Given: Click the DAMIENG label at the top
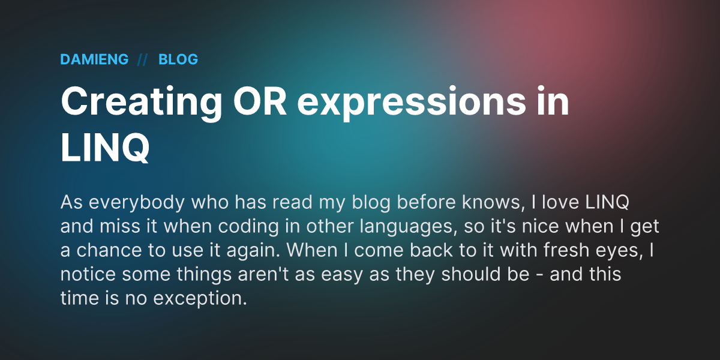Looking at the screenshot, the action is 94,59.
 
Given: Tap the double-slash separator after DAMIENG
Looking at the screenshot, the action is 142,60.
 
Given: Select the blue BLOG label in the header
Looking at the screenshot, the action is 178,59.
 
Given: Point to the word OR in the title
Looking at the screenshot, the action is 260,101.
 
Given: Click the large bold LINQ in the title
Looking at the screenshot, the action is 105,148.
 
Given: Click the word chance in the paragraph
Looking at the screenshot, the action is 109,250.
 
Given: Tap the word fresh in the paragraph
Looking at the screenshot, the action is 566,250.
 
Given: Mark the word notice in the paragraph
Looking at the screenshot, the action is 88,274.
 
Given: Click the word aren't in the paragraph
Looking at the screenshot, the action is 263,274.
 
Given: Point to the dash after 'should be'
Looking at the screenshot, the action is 539,276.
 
